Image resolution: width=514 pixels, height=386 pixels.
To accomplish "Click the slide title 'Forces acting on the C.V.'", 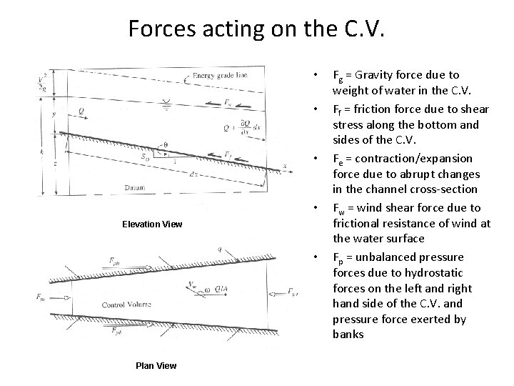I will coord(256,28).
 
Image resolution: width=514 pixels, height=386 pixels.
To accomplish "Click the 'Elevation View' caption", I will coord(152,224).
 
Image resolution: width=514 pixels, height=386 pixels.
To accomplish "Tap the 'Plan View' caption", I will coord(156,366).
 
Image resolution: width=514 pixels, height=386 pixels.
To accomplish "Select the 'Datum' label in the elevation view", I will coord(114,187).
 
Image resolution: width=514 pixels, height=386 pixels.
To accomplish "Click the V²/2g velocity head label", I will coord(44,81).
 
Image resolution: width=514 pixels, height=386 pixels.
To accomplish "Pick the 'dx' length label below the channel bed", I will coord(194,172).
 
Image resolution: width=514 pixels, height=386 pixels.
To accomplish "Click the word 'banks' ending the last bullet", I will coord(348,334).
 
